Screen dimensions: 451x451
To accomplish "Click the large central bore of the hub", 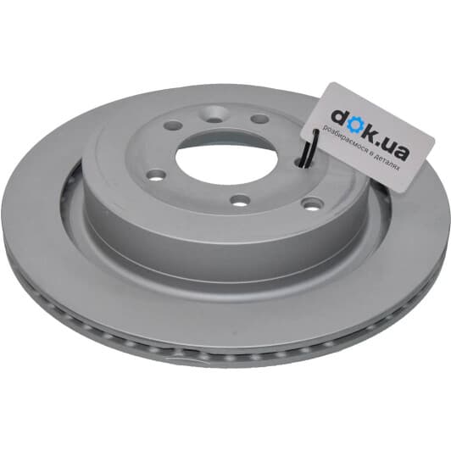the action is [x=226, y=160].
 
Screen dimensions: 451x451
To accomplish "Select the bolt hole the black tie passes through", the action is [x=302, y=163].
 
